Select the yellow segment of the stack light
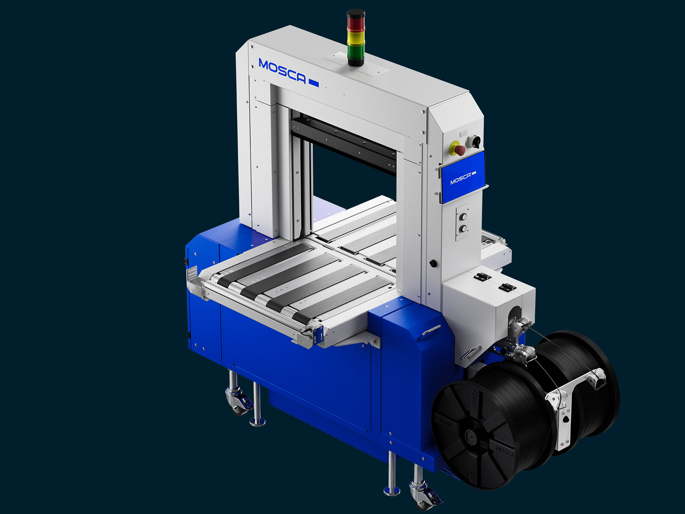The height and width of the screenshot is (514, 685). click(x=355, y=38)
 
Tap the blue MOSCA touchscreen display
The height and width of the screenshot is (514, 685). click(x=462, y=176)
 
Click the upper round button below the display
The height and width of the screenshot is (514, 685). click(x=462, y=217)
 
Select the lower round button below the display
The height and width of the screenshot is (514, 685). click(x=462, y=229)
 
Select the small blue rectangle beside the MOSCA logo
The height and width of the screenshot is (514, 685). click(x=313, y=83)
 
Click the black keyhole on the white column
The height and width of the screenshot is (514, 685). click(x=433, y=263)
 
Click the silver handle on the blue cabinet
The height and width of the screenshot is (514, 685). click(x=432, y=330)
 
